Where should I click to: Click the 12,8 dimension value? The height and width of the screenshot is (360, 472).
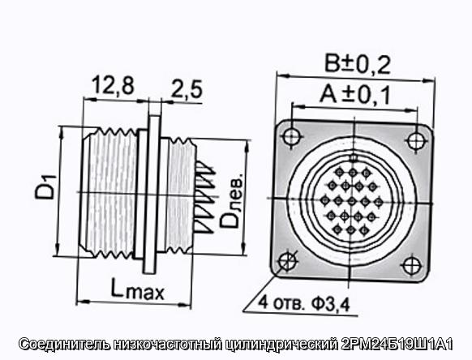tap(113, 85)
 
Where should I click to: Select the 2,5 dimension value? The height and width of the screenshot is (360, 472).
tap(187, 89)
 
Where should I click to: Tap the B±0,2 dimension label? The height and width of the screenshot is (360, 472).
tap(358, 64)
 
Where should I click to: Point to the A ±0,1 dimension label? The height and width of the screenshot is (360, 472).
tap(354, 95)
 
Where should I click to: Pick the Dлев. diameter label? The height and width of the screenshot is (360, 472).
tap(231, 200)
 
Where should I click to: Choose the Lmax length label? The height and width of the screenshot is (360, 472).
tap(138, 289)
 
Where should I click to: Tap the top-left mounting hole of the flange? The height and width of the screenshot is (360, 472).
tap(292, 135)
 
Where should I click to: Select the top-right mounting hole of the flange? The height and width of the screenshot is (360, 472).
tap(417, 140)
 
